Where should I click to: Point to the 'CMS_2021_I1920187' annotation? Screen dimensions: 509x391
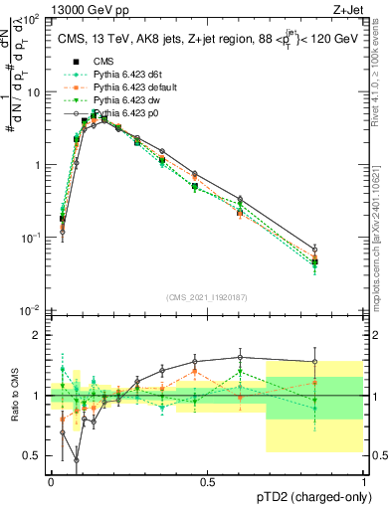(x=208, y=296)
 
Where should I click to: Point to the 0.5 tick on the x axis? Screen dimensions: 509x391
(x=208, y=480)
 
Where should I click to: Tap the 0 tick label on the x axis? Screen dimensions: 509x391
(x=51, y=480)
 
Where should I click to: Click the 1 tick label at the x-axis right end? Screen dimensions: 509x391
(x=364, y=480)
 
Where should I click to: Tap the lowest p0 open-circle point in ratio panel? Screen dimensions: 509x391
(x=78, y=460)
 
